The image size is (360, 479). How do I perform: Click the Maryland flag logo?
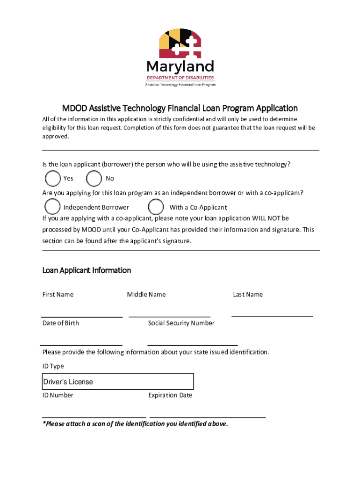pos(180,44)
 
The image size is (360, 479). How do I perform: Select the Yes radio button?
pos(53,178)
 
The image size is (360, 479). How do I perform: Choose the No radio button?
pos(94,178)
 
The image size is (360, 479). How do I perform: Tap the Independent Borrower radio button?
pos(52,207)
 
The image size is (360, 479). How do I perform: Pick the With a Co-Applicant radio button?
pos(156,207)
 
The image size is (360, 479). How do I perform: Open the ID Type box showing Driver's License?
pos(118,382)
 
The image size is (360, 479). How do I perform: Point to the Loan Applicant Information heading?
pos(86,270)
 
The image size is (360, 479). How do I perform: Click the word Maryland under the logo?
pos(180,66)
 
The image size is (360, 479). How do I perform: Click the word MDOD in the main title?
pos(73,108)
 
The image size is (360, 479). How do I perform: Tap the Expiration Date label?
pos(170,395)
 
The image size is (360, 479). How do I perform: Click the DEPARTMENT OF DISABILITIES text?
pos(180,78)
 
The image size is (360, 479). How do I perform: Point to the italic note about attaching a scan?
pos(135,424)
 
